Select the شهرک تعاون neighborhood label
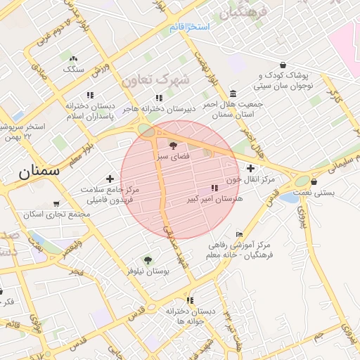155,80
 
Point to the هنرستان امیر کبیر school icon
214,188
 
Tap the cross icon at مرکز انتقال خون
250,168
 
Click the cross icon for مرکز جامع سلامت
109,179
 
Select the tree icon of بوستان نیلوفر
147,260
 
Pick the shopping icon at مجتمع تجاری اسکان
56,203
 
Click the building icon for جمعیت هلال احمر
233,94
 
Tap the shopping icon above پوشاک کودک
283,64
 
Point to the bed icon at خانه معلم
239,234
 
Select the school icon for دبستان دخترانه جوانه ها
190,300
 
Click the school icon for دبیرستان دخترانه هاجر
160,98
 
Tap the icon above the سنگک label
74,59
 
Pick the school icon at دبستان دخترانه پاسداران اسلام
90,94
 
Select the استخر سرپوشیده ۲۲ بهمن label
27,131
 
